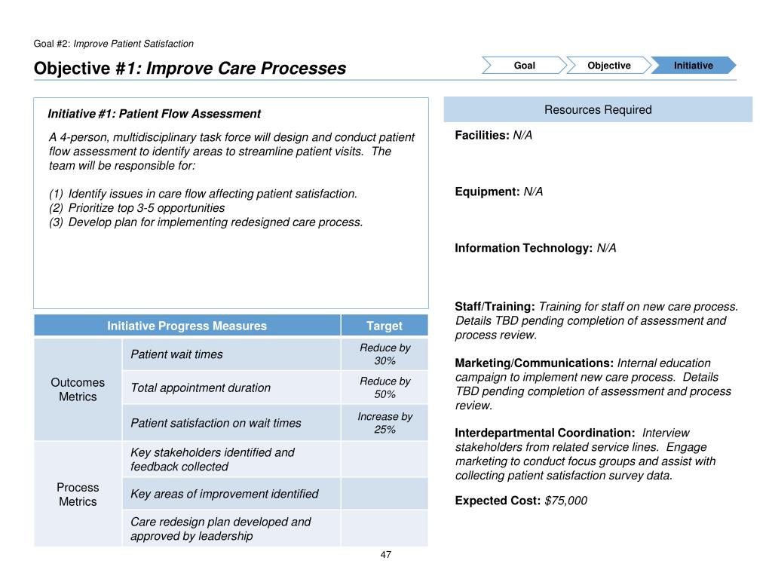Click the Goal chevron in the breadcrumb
pos(524,66)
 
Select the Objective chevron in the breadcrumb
pos(608,66)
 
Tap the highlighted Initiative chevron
pos(693,66)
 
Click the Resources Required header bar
pos(598,110)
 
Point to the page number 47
pos(386,555)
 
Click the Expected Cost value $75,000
pos(565,501)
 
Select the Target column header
pos(384,326)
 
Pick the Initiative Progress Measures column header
pos(187,326)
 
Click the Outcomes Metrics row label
pos(78,389)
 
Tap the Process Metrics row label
pos(78,495)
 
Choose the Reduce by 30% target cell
pos(384,354)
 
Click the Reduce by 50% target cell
pos(384,388)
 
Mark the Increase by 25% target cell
pos(384,423)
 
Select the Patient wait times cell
pos(177,354)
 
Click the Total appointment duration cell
pos(201,388)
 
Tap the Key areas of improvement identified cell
pos(225,494)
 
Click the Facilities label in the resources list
pos(482,135)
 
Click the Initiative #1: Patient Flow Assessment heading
pos(155,114)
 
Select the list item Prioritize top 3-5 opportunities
pos(146,207)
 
